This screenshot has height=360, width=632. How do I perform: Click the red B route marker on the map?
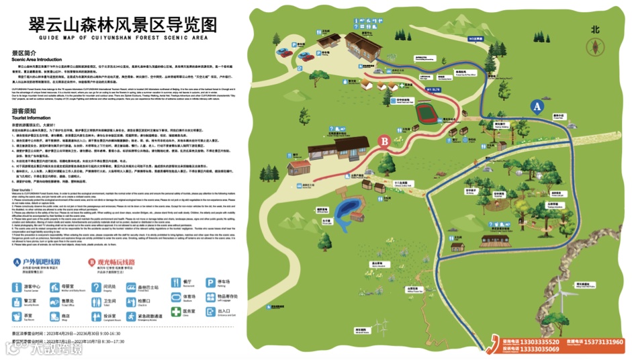[x=384, y=141]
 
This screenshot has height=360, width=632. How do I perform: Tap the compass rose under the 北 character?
[x=594, y=46]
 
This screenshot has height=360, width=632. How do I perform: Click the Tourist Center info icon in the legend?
[x=17, y=287]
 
